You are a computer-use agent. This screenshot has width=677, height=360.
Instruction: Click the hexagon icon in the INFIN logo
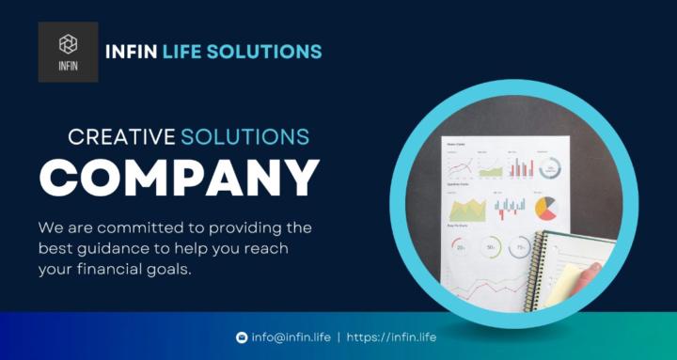click(68, 43)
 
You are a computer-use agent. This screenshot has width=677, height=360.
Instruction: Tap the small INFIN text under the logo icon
click(68, 67)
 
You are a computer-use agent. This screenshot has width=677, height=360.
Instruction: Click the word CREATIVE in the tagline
click(122, 137)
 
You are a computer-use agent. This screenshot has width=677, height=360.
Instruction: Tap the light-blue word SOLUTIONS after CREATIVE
click(245, 137)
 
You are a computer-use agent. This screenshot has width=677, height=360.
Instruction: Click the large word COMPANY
click(180, 178)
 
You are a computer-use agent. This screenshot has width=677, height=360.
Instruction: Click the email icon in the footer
click(242, 337)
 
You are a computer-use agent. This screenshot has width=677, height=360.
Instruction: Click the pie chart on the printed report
click(546, 208)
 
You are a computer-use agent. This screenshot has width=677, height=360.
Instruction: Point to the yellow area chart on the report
click(467, 208)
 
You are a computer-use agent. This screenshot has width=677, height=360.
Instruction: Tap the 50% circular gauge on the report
click(491, 248)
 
